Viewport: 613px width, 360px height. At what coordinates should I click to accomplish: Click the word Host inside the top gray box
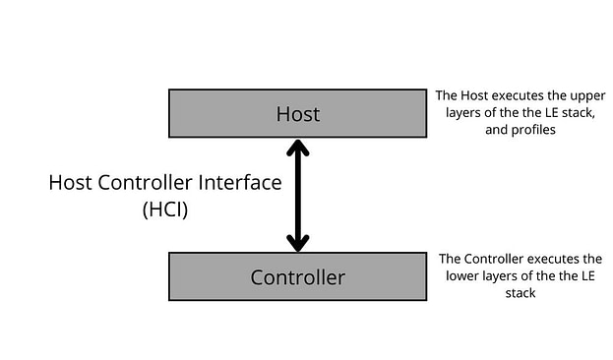coord(297,114)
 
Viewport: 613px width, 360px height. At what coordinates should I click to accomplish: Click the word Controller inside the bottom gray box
coord(297,277)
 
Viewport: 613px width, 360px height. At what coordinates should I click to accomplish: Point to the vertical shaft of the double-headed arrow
coord(297,195)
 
